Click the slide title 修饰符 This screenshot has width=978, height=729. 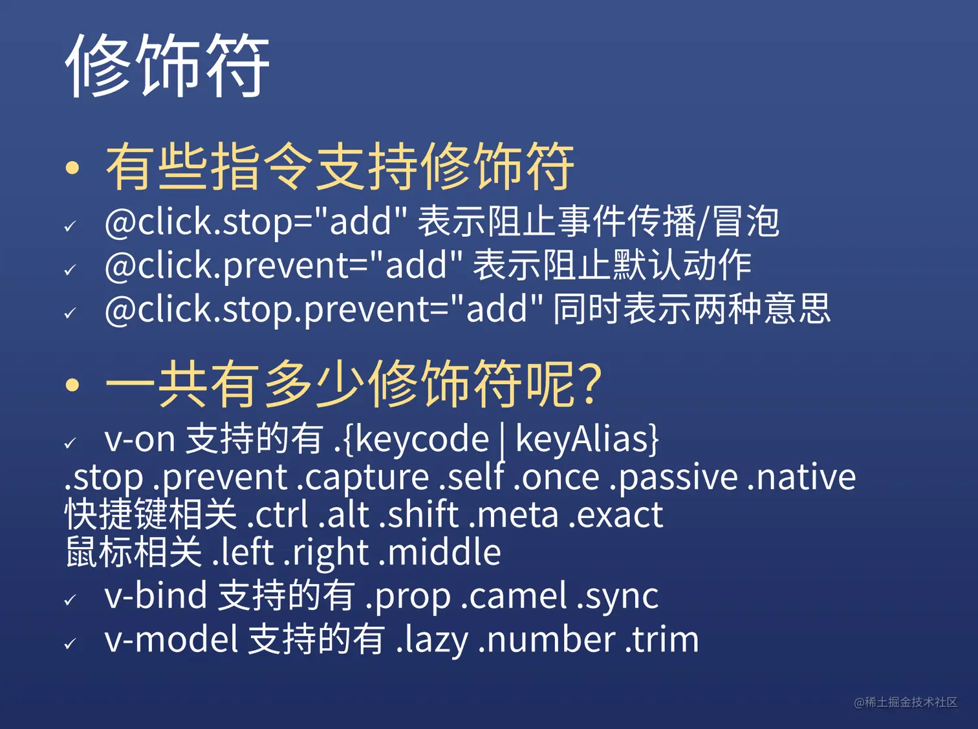[x=168, y=65]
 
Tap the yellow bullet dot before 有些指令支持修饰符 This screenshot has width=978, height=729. [x=72, y=168]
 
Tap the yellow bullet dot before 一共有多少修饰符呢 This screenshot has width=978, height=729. [x=72, y=384]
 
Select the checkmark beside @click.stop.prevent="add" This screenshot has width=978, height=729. [x=70, y=313]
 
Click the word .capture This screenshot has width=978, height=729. [x=362, y=477]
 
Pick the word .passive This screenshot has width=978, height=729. [x=673, y=477]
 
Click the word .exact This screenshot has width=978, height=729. [x=616, y=515]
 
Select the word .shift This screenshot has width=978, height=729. [x=419, y=514]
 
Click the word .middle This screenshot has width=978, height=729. [x=440, y=552]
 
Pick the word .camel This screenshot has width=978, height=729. [x=514, y=596]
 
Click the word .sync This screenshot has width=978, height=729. [x=618, y=598]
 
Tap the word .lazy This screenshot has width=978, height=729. [x=431, y=641]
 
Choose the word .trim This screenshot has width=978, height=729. [x=662, y=640]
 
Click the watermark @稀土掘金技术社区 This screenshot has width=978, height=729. [x=906, y=702]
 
